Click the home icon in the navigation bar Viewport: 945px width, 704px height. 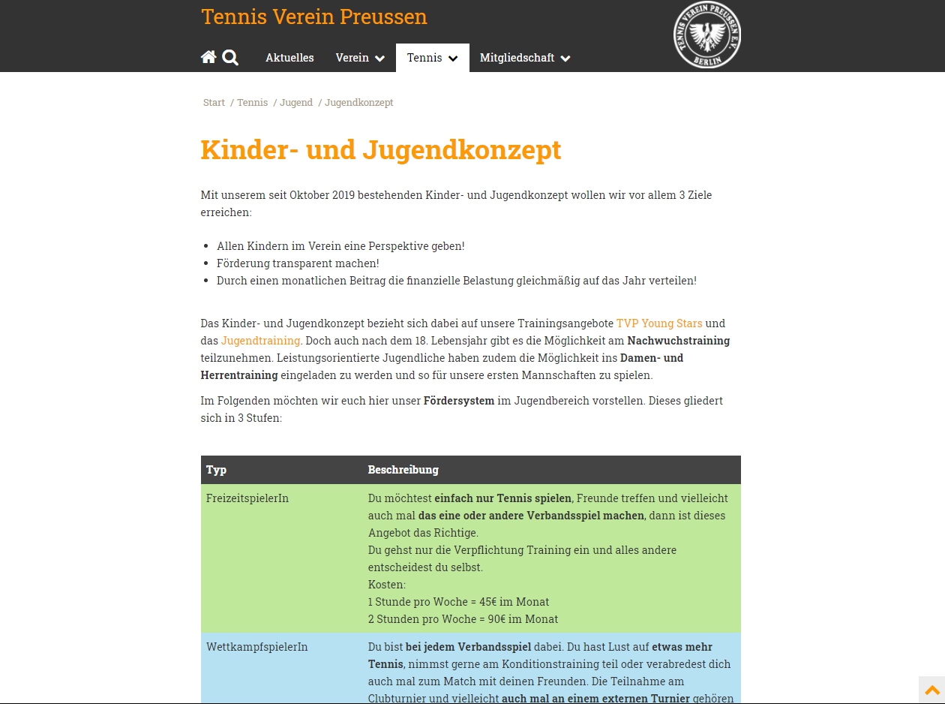pos(208,57)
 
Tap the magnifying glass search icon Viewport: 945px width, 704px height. pos(230,58)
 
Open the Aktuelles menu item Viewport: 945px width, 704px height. pos(289,58)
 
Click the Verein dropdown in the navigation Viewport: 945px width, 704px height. pos(360,58)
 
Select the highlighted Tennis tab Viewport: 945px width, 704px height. pos(432,58)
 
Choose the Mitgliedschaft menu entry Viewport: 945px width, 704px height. pos(525,58)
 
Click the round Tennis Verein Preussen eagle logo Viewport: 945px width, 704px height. pos(706,35)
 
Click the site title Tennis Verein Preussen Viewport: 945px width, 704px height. pos(313,17)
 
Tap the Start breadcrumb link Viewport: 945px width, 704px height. pos(214,103)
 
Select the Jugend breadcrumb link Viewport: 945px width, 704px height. pos(296,103)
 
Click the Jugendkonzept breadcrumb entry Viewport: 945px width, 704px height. pos(358,103)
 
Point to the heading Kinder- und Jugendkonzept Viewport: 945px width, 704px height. pos(380,149)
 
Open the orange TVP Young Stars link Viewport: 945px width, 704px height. pos(659,323)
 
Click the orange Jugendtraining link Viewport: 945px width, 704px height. pos(260,341)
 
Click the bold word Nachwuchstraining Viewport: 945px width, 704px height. pos(678,341)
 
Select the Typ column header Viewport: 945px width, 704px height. pos(217,470)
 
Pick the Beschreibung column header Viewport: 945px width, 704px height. pos(403,470)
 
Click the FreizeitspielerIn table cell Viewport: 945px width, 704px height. pos(247,498)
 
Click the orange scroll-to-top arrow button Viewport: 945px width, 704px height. pos(931,690)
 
